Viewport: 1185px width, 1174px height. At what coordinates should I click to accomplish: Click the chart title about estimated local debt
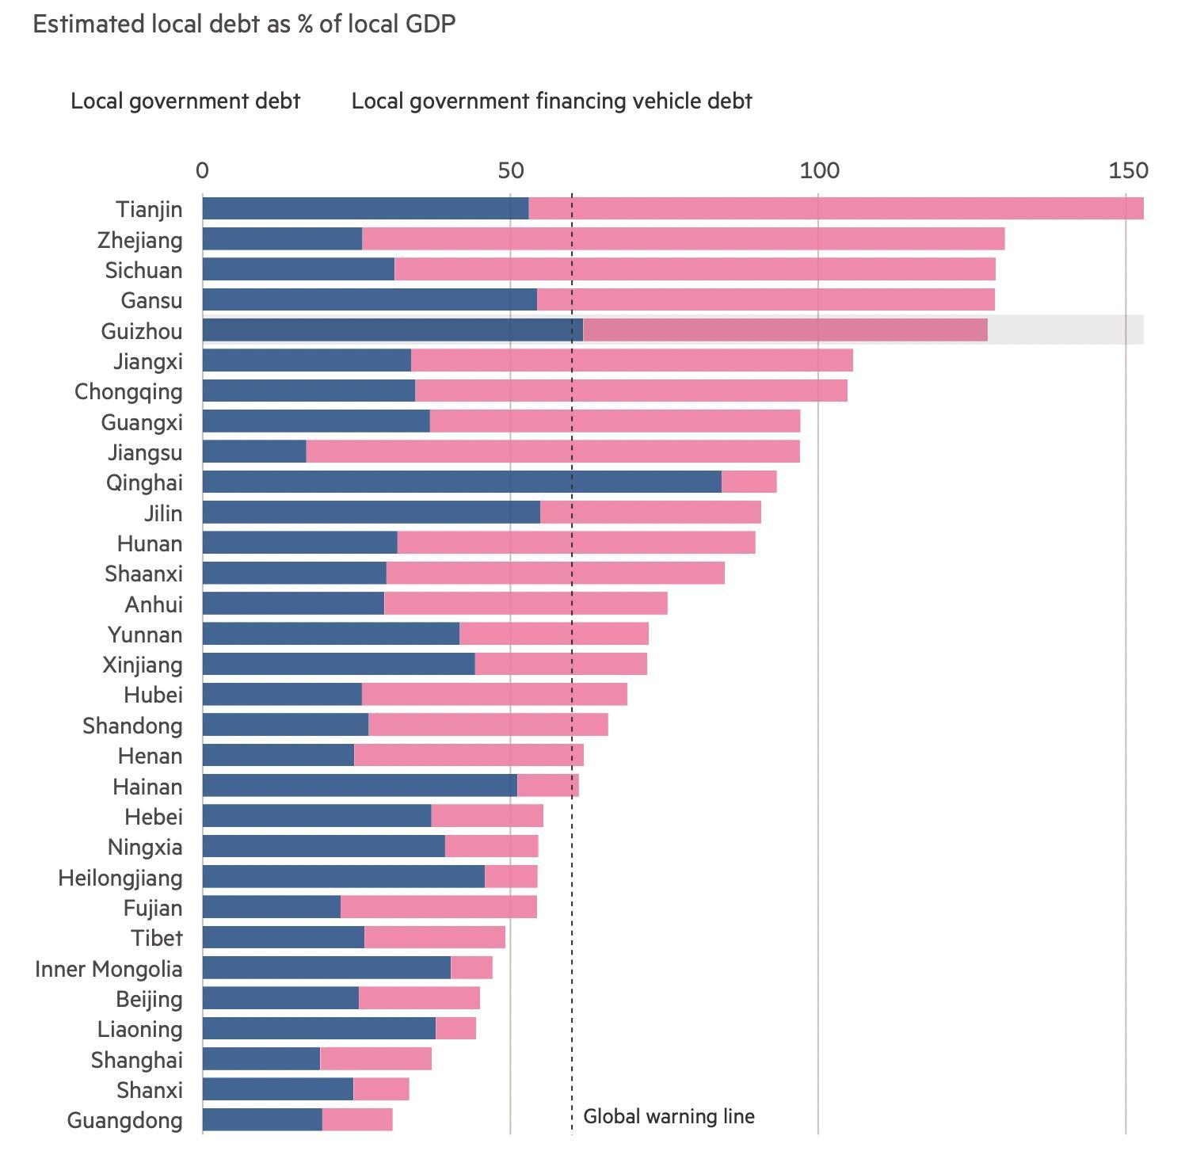click(x=244, y=25)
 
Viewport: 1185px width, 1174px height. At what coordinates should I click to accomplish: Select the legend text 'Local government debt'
click(x=185, y=101)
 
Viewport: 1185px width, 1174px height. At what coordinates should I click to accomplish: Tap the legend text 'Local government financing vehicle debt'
click(x=551, y=101)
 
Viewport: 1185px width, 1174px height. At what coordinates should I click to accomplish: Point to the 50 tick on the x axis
click(x=511, y=170)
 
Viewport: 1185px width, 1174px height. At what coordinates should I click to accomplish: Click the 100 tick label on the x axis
click(x=818, y=170)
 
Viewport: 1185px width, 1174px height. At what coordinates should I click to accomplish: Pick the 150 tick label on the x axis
click(x=1128, y=170)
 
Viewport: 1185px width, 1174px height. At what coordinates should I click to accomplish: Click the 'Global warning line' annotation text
click(x=669, y=1116)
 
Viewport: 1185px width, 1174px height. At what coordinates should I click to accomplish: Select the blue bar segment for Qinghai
click(x=462, y=482)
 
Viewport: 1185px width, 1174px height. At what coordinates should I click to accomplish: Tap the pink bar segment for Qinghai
click(x=749, y=482)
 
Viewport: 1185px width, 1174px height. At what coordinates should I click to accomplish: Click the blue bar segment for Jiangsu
click(x=254, y=452)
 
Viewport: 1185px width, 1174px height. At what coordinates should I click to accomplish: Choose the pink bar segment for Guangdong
click(x=357, y=1119)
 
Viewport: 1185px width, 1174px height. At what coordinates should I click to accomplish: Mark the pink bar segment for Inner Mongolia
click(x=471, y=967)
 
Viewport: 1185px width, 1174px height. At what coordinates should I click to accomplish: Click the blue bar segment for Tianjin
click(x=366, y=208)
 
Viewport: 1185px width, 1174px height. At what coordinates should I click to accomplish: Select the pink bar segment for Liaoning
click(x=455, y=1028)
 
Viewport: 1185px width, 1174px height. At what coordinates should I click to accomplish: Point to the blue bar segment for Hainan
click(x=360, y=785)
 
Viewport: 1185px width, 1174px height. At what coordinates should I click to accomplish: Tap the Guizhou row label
click(x=142, y=331)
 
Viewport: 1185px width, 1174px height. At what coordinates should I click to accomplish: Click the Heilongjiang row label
click(x=120, y=879)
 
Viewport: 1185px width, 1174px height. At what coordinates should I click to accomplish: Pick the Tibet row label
click(x=157, y=938)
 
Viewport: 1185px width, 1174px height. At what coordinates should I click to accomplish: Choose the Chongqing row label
click(x=128, y=392)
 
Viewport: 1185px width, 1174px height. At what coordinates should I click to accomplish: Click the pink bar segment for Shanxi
click(x=381, y=1088)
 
